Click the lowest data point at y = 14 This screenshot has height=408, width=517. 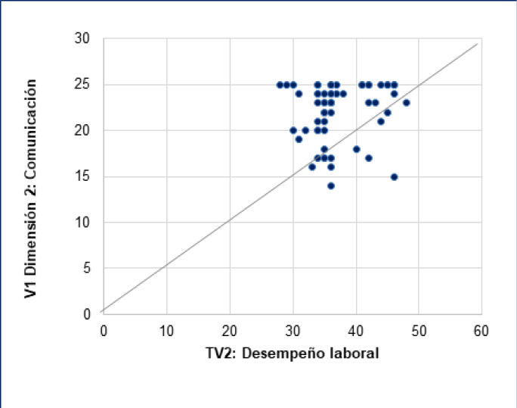(330, 185)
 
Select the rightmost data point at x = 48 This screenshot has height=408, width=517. (406, 102)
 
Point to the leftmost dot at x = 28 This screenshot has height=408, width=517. (280, 85)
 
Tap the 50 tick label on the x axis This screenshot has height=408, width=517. (418, 330)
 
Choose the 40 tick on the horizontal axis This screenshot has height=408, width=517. (355, 330)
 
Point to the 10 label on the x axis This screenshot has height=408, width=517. (166, 330)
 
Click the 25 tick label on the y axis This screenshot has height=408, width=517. (82, 85)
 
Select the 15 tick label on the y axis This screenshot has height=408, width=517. (82, 176)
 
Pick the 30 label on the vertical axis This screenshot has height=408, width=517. (82, 39)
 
